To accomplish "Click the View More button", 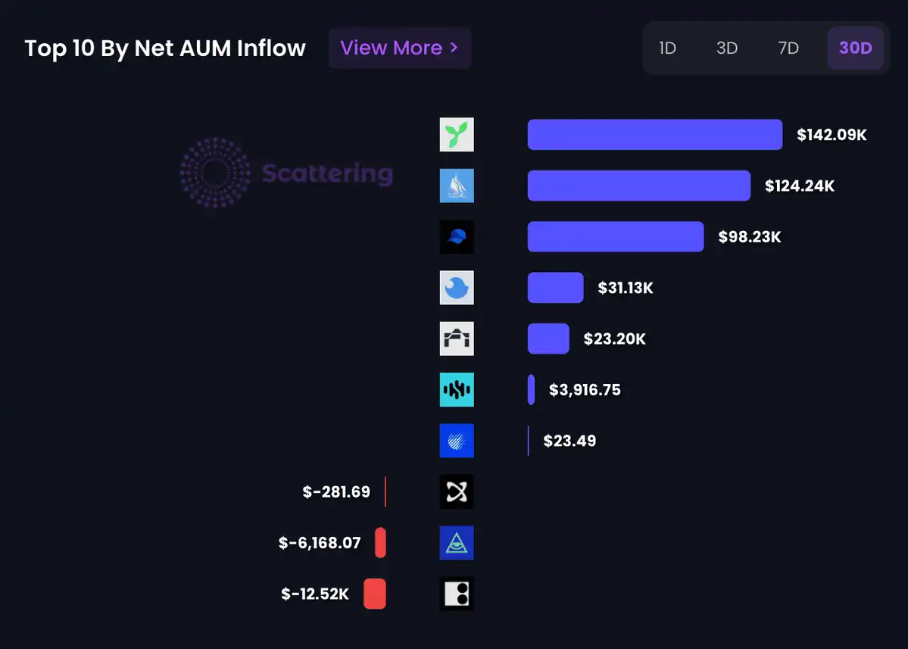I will (399, 48).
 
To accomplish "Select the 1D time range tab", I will (667, 48).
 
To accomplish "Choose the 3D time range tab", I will (727, 48).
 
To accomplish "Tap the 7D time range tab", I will (788, 48).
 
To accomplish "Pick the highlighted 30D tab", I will (855, 48).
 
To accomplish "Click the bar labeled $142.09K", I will (654, 135).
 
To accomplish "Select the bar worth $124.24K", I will (638, 186).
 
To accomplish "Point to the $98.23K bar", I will (615, 237).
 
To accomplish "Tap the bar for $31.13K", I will (555, 288).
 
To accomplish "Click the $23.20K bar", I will (548, 339).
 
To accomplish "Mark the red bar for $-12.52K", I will (375, 594).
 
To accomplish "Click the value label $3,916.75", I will (585, 390).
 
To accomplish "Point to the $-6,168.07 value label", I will (320, 543).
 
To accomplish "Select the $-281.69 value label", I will (336, 492).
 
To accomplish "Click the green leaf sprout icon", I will (457, 135).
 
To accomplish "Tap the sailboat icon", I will (457, 186).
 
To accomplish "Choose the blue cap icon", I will (457, 237).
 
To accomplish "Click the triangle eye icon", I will (457, 543).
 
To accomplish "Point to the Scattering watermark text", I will (327, 173).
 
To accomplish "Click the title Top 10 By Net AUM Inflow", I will (165, 48).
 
